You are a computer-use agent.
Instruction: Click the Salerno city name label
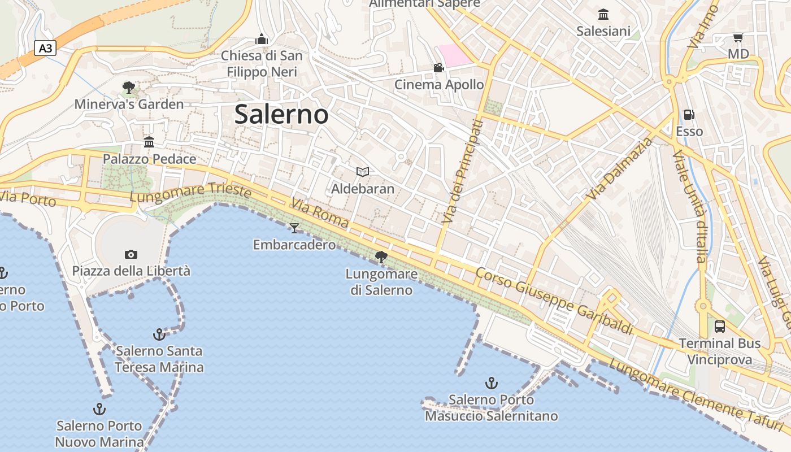(x=281, y=114)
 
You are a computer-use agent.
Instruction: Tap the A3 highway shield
(x=45, y=48)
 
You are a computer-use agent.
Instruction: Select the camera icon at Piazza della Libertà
(x=131, y=255)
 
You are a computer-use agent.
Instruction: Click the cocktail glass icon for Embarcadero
(x=294, y=228)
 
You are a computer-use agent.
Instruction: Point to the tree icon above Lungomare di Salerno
(x=381, y=257)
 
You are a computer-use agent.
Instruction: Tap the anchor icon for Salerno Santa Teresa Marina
(x=159, y=334)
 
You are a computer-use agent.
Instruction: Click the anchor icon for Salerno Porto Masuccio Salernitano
(x=491, y=383)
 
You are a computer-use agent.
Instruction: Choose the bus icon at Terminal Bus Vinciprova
(x=719, y=326)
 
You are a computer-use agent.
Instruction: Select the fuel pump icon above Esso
(x=689, y=115)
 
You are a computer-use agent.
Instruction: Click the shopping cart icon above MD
(x=738, y=38)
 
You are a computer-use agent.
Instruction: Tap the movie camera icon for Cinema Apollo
(x=438, y=68)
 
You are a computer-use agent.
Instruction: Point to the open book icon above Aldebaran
(x=362, y=172)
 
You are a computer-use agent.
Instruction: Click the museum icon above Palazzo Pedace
(x=149, y=142)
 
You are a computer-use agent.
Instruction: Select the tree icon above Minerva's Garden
(x=129, y=88)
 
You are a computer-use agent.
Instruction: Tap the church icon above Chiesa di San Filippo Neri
(x=261, y=39)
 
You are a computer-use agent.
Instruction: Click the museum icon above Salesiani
(x=603, y=14)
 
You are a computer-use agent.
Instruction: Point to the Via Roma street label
(x=319, y=213)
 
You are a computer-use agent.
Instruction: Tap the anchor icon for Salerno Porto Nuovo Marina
(x=99, y=408)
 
